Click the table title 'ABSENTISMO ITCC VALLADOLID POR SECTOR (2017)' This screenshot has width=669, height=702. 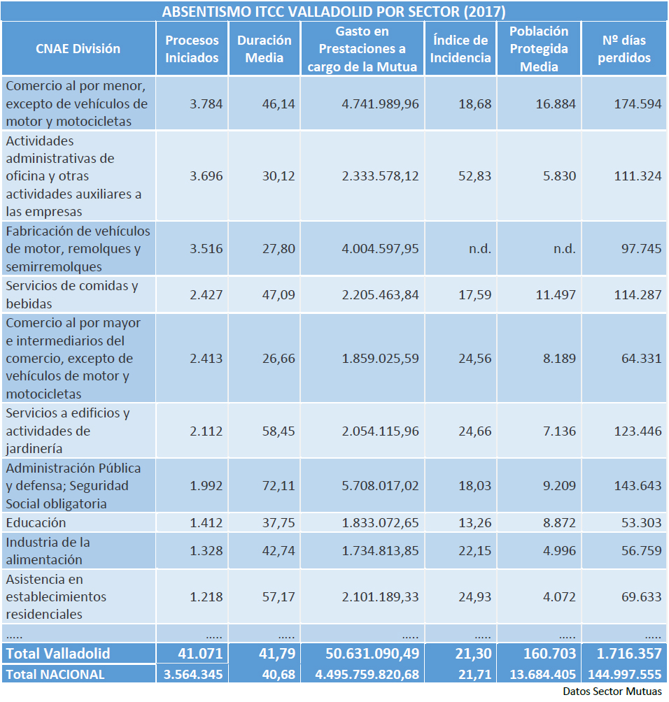click(x=334, y=12)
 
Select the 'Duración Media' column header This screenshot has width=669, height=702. click(x=265, y=49)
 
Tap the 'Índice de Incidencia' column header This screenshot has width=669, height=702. click(x=460, y=49)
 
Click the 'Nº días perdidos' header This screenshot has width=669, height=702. click(x=624, y=49)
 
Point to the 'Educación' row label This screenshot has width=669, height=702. click(x=36, y=523)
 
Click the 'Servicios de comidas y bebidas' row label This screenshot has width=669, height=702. click(x=72, y=294)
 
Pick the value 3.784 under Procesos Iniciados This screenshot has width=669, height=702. click(x=206, y=103)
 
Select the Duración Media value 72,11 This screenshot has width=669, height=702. click(x=277, y=486)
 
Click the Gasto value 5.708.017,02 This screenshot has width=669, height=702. click(x=380, y=486)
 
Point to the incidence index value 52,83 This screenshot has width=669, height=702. click(x=474, y=176)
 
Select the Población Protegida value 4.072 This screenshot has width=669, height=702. click(x=559, y=597)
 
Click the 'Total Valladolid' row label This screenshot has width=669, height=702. click(x=58, y=654)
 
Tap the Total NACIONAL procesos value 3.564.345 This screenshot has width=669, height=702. click(x=192, y=675)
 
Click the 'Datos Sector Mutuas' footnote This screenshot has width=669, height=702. click(x=612, y=692)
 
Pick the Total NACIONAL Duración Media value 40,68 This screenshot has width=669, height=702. click(x=277, y=675)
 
